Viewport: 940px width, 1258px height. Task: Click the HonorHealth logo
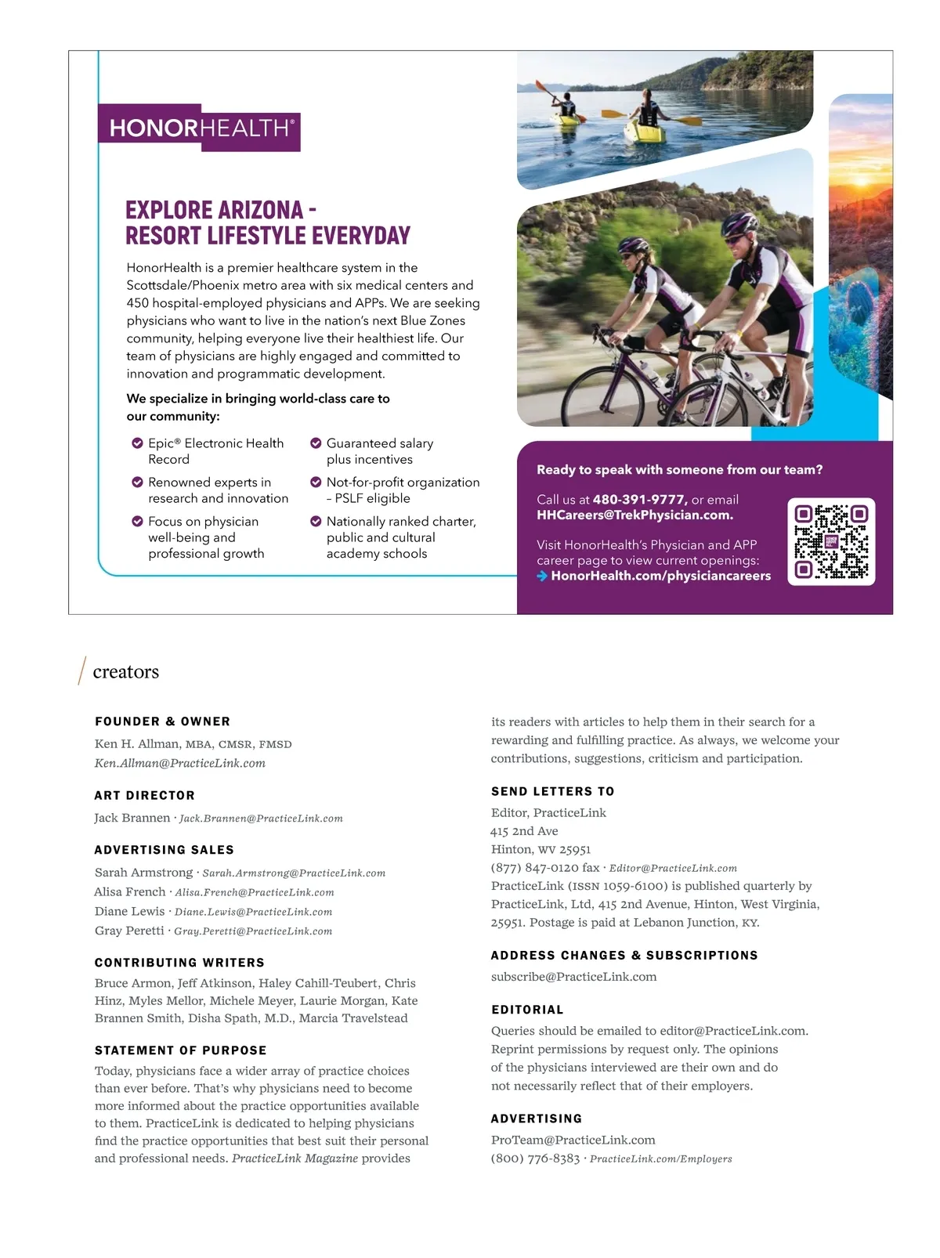tap(199, 128)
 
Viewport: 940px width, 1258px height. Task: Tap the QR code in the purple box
tap(830, 541)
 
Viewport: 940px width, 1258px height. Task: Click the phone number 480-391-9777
tap(639, 500)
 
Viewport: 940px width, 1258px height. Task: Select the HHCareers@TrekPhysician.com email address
tap(634, 515)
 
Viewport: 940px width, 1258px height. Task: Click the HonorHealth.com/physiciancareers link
tap(660, 576)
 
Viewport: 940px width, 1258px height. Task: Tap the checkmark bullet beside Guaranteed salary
tap(316, 443)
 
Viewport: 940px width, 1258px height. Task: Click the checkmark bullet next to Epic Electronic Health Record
tap(137, 443)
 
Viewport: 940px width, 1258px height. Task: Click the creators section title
tap(125, 672)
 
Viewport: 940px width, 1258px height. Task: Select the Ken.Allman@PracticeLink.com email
tap(180, 764)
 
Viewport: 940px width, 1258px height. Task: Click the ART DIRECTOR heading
tap(144, 796)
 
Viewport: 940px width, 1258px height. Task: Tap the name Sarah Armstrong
tap(143, 873)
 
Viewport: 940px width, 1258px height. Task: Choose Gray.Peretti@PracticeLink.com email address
tap(253, 931)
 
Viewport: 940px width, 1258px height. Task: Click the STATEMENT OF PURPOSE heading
tap(180, 1050)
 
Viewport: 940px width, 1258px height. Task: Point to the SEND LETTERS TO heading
tap(552, 792)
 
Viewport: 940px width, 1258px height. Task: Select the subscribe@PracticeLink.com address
tap(573, 977)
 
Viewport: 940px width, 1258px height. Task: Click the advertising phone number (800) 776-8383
tap(535, 1159)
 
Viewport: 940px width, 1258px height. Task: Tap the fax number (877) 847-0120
tap(534, 868)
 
